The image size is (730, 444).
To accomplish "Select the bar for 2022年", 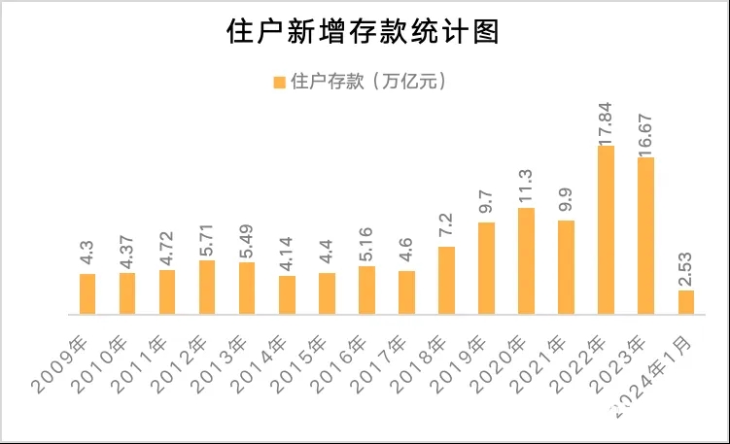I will [606, 230].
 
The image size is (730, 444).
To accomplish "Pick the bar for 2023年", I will [645, 236].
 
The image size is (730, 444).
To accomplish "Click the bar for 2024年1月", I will [685, 302].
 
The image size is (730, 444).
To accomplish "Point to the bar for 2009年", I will [87, 294].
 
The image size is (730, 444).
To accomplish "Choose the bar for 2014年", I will [287, 295].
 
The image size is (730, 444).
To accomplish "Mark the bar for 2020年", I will [526, 261].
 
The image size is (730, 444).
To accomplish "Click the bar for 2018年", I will [446, 281].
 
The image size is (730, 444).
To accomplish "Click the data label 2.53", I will [685, 266].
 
